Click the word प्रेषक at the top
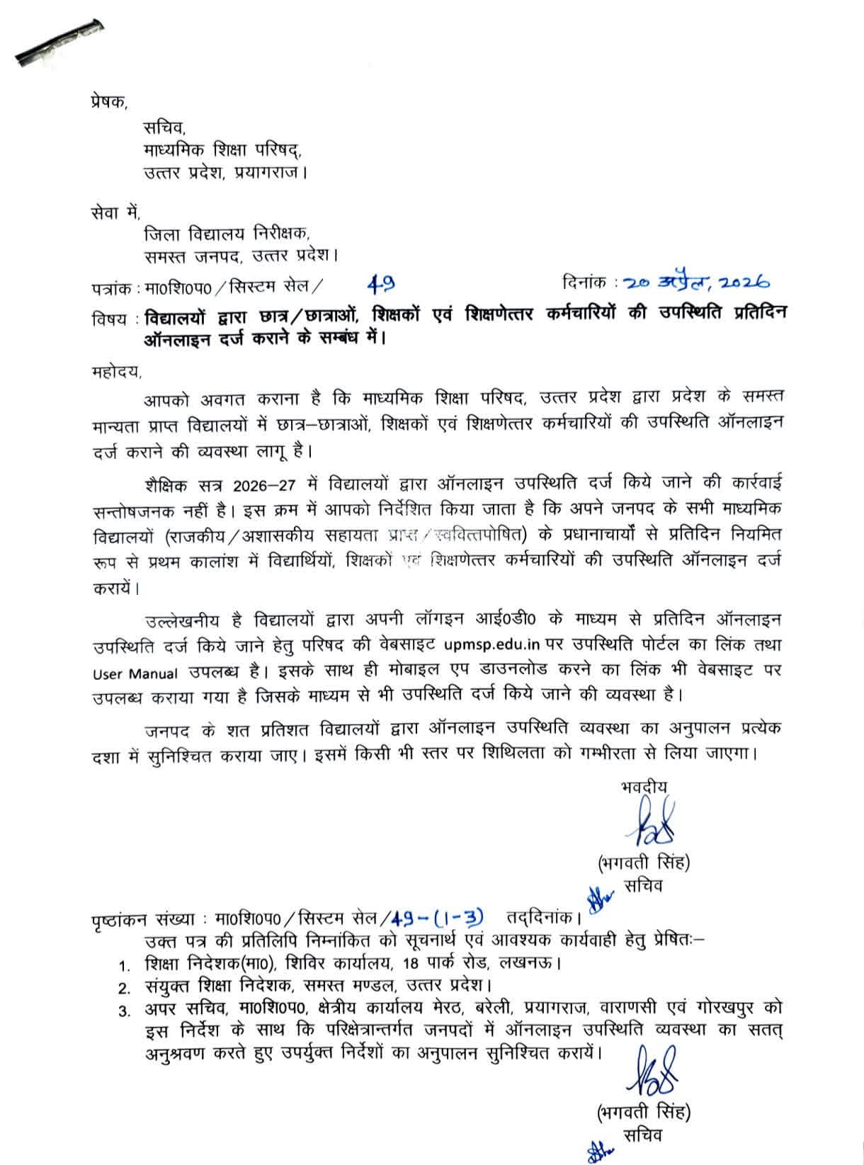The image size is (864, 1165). (108, 102)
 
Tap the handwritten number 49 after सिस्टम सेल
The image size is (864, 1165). (382, 285)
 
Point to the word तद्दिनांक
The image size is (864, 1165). (543, 919)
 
